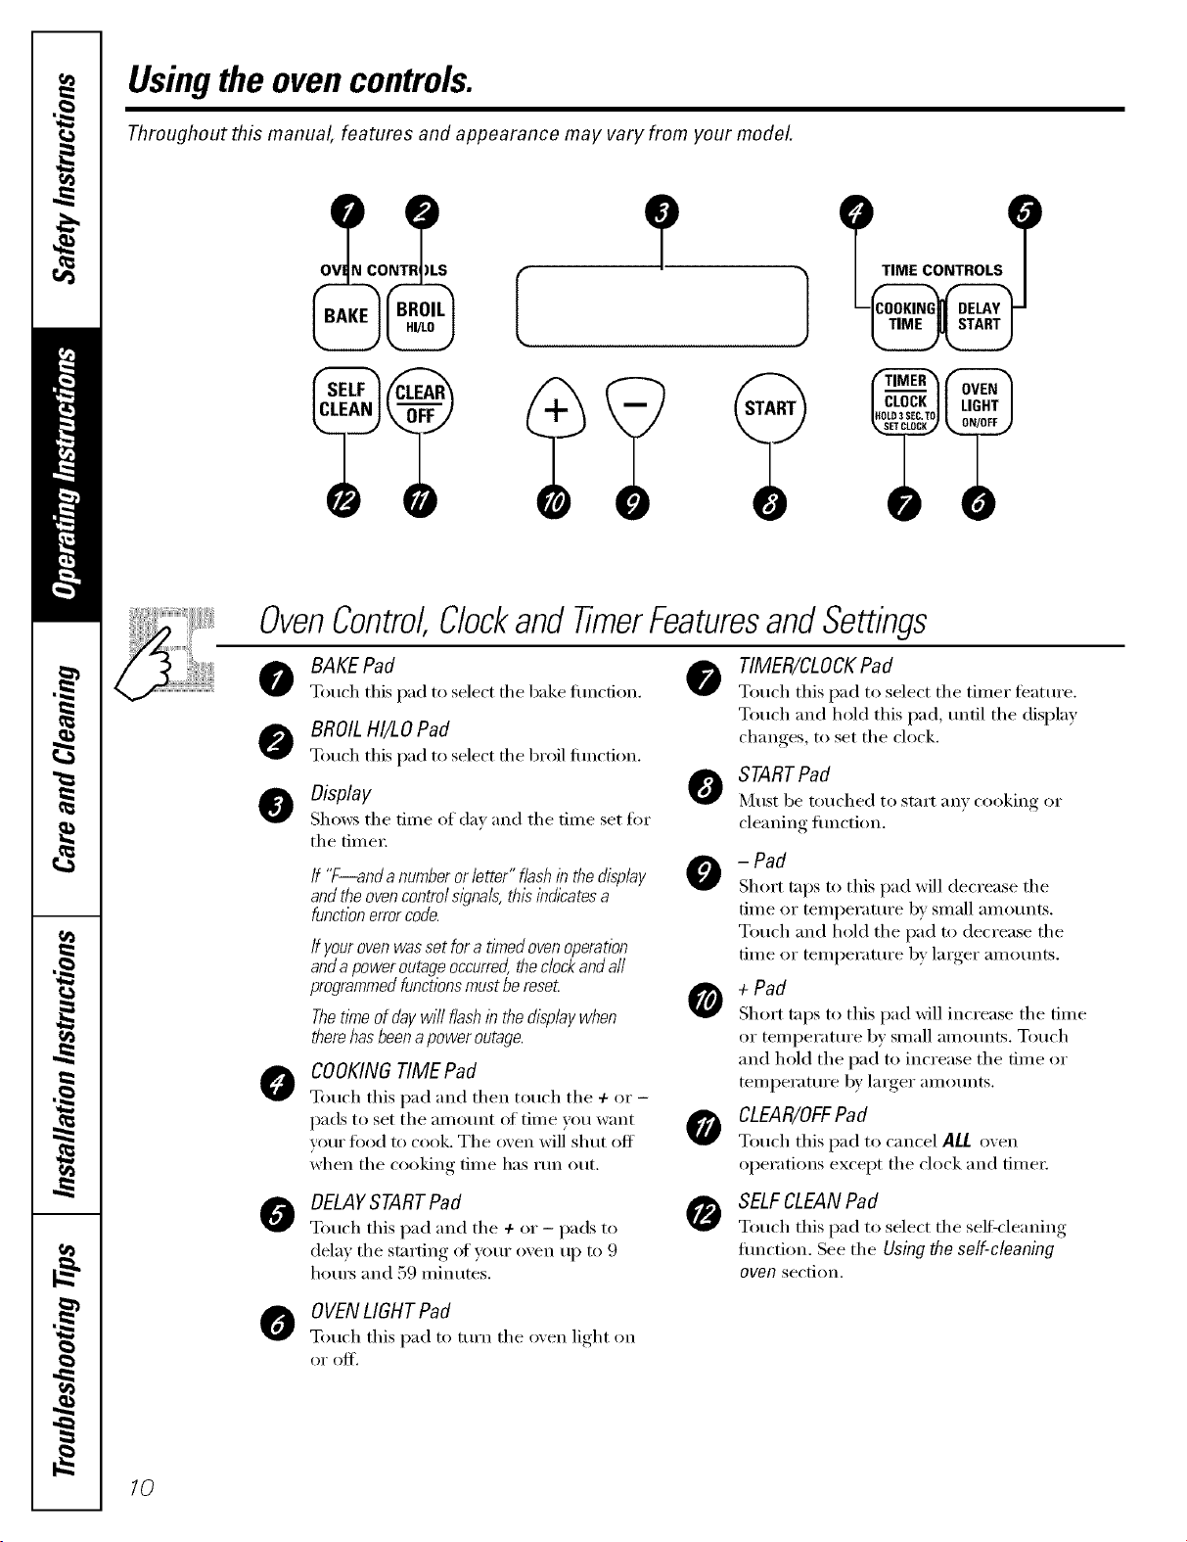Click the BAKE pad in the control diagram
tap(346, 316)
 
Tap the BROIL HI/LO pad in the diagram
tap(421, 316)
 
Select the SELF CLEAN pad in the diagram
tap(346, 400)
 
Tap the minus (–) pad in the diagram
tap(635, 406)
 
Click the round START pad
tap(770, 408)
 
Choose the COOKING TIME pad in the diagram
tap(905, 316)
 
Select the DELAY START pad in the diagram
tap(979, 316)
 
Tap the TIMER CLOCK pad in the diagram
tap(905, 401)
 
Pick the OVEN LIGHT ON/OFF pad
tap(979, 401)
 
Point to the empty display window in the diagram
tap(662, 306)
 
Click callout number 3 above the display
tap(662, 212)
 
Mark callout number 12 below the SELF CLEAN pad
tap(343, 502)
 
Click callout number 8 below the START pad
tap(770, 503)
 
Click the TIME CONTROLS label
tap(941, 270)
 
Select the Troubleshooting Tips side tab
tap(66, 1361)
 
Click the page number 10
tap(141, 1487)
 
